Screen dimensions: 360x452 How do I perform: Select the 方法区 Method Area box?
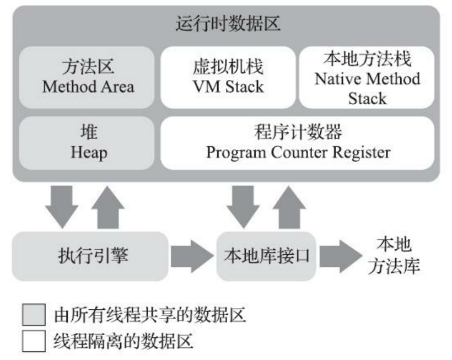click(87, 77)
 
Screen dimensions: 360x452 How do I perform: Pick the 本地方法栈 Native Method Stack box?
click(367, 77)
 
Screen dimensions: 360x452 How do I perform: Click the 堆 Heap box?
click(87, 142)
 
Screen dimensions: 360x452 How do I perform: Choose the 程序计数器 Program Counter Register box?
click(298, 142)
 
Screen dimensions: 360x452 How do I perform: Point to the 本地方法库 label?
click(398, 256)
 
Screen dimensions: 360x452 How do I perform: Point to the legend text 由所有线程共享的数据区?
click(149, 316)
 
